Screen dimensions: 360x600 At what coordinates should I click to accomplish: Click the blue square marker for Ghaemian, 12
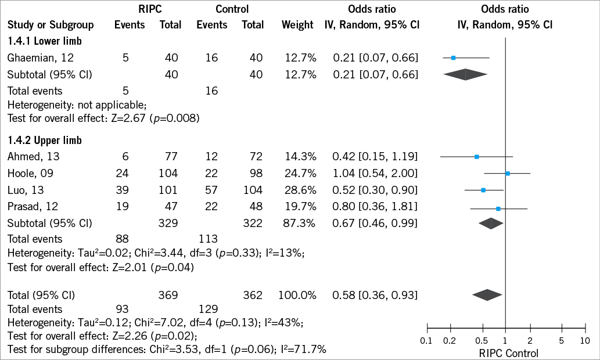[454, 58]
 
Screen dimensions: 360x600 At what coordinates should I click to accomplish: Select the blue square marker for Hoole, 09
[508, 174]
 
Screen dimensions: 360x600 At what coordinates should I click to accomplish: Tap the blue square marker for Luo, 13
[483, 190]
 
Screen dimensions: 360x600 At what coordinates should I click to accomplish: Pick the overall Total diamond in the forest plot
[487, 295]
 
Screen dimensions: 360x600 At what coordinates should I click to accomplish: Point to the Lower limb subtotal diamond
[465, 74]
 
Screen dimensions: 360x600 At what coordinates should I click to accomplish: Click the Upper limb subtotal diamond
[490, 223]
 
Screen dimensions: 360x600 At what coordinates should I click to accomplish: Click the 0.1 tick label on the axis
[426, 341]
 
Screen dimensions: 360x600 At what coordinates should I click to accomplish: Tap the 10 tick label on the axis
[584, 341]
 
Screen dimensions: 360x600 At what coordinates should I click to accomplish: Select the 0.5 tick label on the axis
[482, 341]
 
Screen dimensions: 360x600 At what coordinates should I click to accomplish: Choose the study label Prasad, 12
[33, 206]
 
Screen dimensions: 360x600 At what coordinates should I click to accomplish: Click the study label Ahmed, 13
[33, 156]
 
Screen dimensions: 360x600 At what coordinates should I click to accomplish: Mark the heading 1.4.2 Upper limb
[45, 141]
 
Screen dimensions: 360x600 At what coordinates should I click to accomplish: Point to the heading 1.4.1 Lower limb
[45, 41]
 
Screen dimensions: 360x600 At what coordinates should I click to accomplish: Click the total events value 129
[208, 309]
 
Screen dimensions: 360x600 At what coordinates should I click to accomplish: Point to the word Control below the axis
[523, 352]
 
